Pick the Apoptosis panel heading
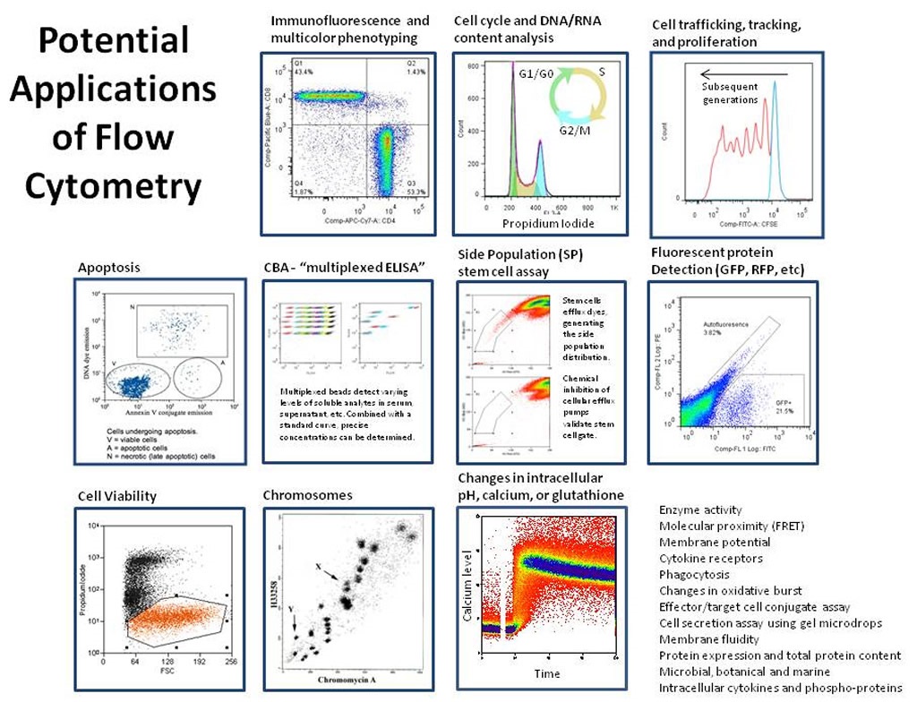tap(109, 267)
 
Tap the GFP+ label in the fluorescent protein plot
tap(784, 403)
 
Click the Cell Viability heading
tap(117, 496)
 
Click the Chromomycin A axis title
tap(350, 681)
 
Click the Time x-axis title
tap(548, 672)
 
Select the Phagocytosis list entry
tap(694, 575)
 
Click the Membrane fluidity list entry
tap(708, 639)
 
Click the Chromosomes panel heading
tap(307, 495)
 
